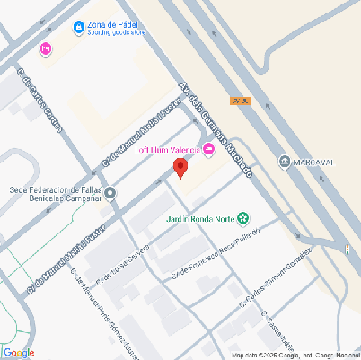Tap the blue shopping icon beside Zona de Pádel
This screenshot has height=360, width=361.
click(79, 28)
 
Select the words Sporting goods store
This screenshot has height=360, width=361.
click(117, 35)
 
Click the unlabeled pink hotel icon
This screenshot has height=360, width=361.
click(46, 48)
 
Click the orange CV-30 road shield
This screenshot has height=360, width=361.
click(238, 101)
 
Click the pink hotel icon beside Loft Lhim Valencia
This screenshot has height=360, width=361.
click(210, 149)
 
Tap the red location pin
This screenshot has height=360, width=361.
click(180, 167)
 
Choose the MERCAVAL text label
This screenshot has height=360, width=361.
click(313, 162)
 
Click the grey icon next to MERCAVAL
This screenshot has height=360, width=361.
click(284, 162)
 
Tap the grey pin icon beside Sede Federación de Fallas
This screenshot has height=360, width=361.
click(110, 194)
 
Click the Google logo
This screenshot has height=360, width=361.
click(19, 352)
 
